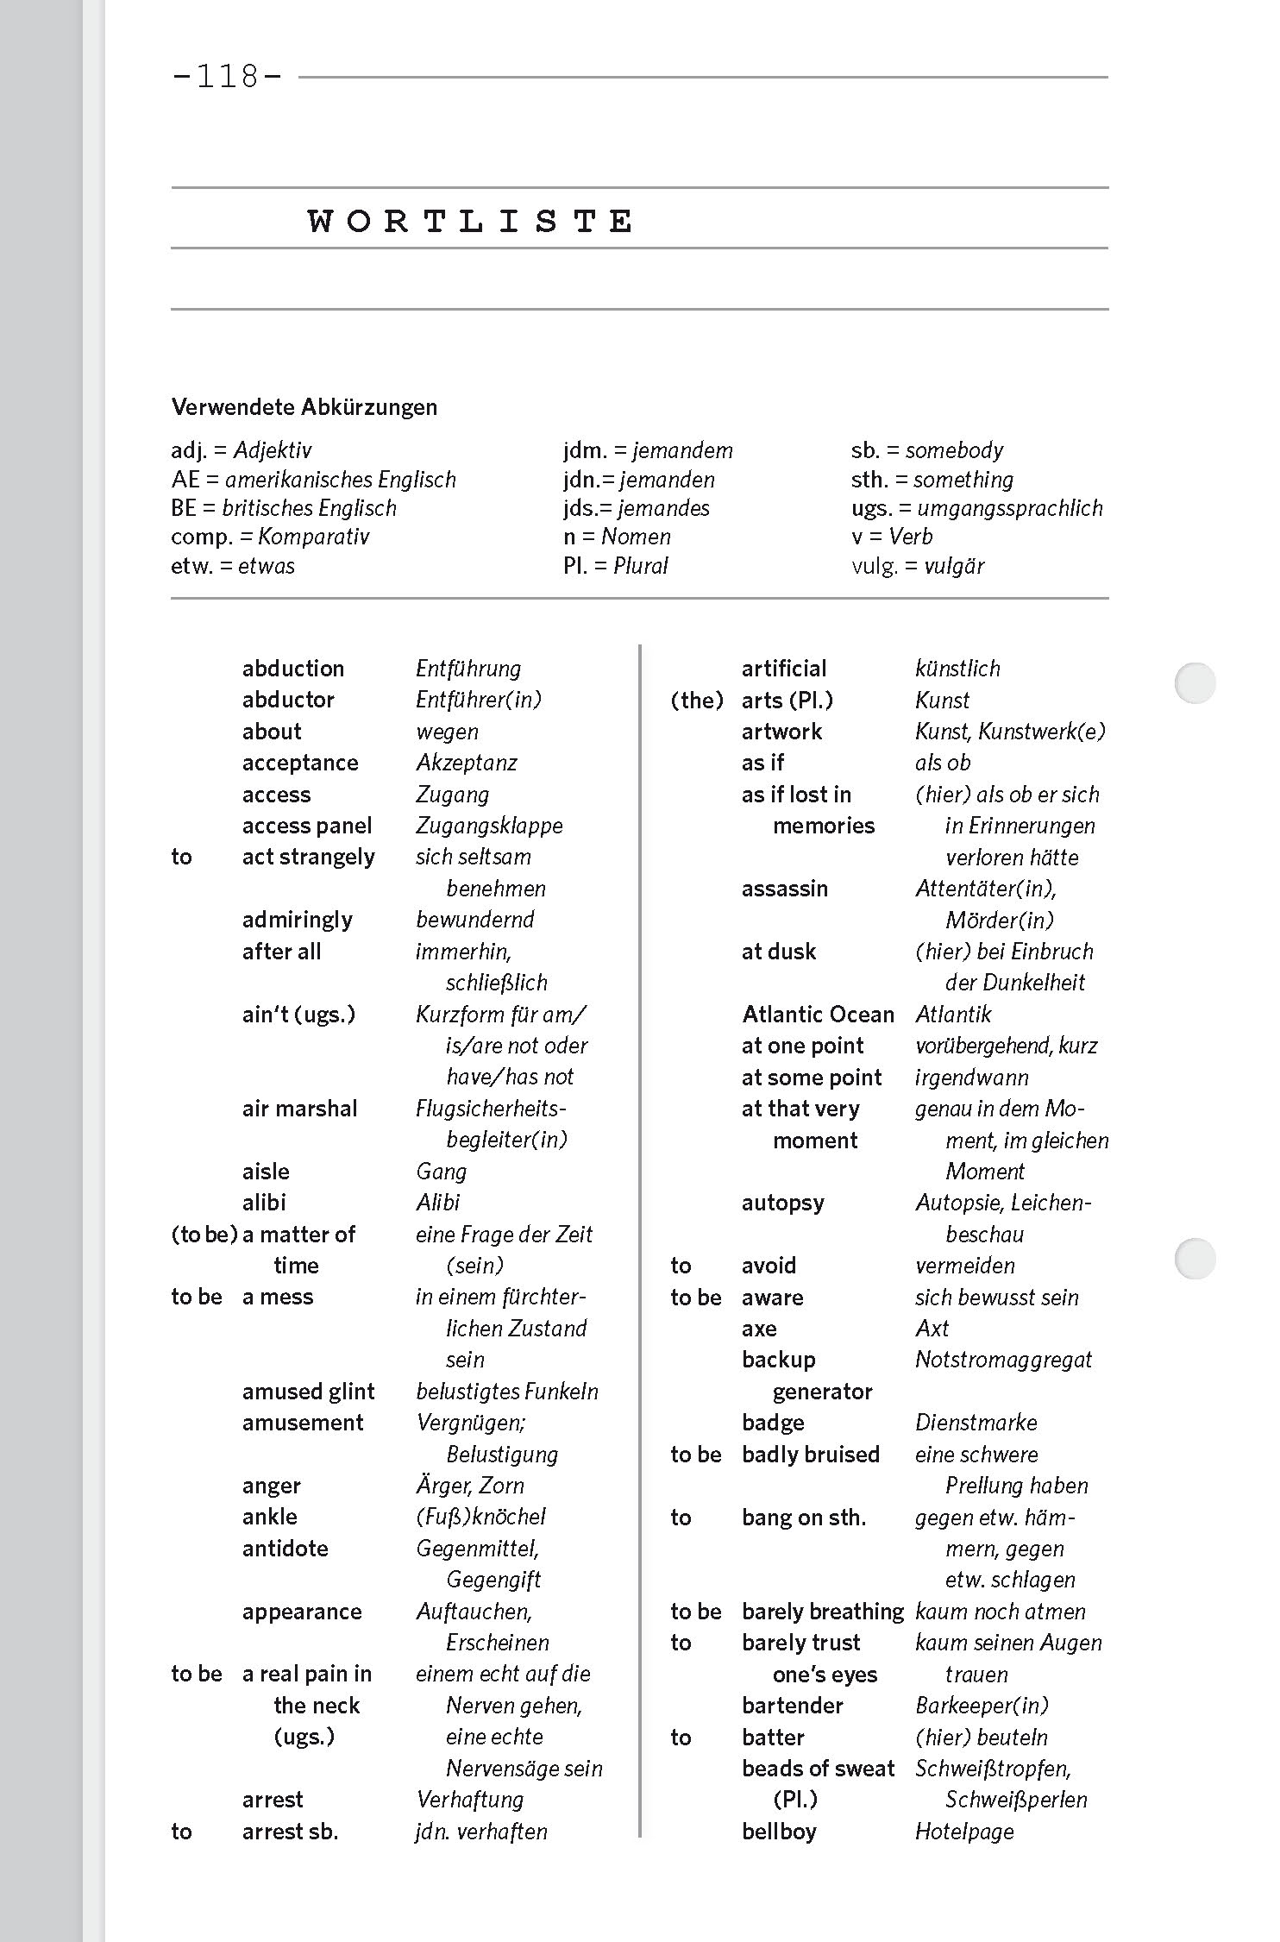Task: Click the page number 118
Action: (228, 78)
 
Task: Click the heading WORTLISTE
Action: (471, 221)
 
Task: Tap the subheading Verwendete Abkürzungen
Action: (304, 407)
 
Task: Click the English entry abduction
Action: (292, 669)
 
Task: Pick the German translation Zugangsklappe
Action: (489, 826)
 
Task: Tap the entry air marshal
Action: (299, 1109)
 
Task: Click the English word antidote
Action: (285, 1549)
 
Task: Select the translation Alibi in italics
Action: (438, 1203)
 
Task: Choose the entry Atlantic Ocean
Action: (818, 1015)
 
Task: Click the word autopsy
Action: (782, 1203)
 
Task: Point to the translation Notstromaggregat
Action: (1003, 1360)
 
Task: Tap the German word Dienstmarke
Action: (976, 1423)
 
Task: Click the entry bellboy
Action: (779, 1832)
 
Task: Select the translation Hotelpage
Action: (964, 1832)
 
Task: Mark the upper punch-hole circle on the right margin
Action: (1195, 683)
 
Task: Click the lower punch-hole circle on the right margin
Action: (1195, 1259)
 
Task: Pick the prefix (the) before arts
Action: (697, 701)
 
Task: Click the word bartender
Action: (792, 1706)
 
